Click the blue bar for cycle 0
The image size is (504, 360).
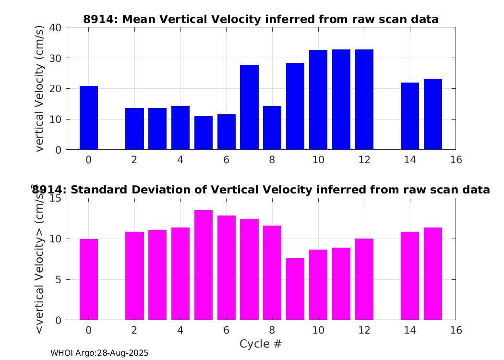click(x=89, y=118)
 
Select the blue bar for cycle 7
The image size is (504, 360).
click(x=250, y=107)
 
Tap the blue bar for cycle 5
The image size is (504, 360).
click(x=204, y=133)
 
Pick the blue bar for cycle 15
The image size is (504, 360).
click(x=433, y=114)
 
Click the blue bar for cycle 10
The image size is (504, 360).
click(x=318, y=100)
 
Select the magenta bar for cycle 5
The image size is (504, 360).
click(x=204, y=265)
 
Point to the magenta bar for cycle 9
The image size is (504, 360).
click(x=295, y=289)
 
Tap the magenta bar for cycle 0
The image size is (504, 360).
click(x=89, y=279)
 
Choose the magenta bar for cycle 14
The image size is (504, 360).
click(x=410, y=276)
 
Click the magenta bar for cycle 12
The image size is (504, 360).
click(x=364, y=279)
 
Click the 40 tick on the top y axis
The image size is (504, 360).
click(x=55, y=28)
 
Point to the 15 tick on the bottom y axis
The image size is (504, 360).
click(x=55, y=198)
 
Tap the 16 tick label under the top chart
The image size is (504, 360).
click(x=456, y=160)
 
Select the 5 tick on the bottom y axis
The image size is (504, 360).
click(x=58, y=280)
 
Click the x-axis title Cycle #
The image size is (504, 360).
click(x=261, y=344)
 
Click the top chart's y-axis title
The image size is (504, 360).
click(x=39, y=88)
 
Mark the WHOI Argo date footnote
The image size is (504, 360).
click(x=99, y=353)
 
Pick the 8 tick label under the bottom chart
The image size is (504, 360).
click(x=272, y=330)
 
